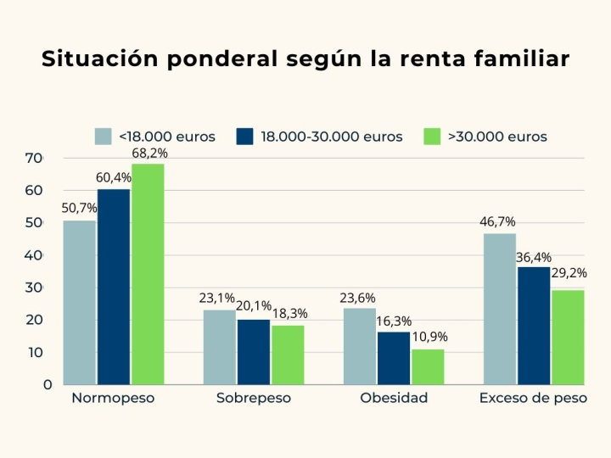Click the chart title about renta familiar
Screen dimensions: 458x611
(305, 60)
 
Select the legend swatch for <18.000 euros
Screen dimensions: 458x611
(104, 137)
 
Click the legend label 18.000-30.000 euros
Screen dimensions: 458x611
(331, 137)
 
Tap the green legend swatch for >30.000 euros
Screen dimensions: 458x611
(433, 137)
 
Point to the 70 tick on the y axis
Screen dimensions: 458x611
(33, 158)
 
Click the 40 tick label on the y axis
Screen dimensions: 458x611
(33, 255)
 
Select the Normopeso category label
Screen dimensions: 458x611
(113, 398)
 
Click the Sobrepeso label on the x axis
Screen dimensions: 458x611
(253, 398)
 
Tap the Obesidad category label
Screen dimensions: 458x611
(394, 398)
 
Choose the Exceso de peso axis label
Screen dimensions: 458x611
(533, 398)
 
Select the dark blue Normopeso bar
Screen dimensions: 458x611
(113, 287)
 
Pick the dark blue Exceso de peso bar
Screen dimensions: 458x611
(533, 326)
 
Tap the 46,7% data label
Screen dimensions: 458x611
(498, 222)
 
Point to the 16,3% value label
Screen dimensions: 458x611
(394, 321)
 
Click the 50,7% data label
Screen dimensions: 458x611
(79, 209)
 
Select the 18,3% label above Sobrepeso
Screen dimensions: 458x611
(289, 314)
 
